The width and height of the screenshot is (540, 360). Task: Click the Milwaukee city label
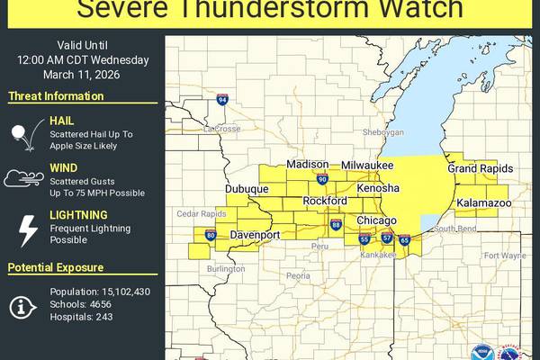[367, 166]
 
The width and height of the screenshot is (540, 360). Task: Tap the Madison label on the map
[308, 165]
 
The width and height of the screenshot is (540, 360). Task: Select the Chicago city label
[377, 220]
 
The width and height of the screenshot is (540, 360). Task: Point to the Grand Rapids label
[480, 169]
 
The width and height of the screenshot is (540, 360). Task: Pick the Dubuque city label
[247, 189]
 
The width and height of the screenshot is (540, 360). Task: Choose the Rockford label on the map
[325, 200]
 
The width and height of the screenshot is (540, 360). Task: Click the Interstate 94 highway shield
[221, 100]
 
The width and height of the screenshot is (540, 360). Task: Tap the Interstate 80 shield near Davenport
[211, 236]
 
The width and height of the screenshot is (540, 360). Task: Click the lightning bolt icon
[29, 229]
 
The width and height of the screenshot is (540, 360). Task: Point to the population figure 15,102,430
[112, 292]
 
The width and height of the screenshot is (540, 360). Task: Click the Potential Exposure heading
[55, 267]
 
